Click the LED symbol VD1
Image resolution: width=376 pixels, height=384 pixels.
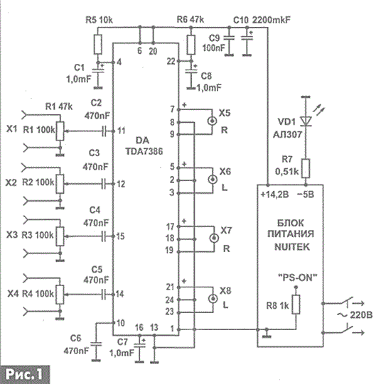tap(306, 121)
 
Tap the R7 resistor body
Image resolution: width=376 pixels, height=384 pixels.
tap(306, 168)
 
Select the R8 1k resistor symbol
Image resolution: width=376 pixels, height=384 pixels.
tap(296, 305)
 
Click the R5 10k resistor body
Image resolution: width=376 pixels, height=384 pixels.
tap(98, 44)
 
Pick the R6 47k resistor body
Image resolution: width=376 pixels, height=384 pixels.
tap(191, 45)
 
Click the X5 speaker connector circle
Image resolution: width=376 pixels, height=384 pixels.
tap(212, 121)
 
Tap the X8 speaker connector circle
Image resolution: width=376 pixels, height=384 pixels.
tap(213, 299)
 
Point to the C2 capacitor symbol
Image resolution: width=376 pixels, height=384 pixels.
tap(104, 131)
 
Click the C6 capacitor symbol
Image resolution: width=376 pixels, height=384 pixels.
tap(96, 344)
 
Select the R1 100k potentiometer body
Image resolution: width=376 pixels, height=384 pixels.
tap(60, 131)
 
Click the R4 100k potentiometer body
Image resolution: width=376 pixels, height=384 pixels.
tap(60, 295)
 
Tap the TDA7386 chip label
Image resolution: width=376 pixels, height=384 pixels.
tap(144, 151)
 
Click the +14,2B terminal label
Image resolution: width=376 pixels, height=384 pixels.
tap(274, 194)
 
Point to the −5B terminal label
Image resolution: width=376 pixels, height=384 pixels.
tap(306, 194)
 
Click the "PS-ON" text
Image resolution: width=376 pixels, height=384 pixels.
tap(298, 278)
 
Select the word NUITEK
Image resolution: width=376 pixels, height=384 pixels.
tap(292, 247)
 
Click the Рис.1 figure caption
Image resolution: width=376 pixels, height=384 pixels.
tap(24, 374)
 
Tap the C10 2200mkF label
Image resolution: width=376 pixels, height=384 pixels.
tap(262, 20)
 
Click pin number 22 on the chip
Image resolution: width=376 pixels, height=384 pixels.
tap(171, 61)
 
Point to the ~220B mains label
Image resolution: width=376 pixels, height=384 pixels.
tap(355, 314)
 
